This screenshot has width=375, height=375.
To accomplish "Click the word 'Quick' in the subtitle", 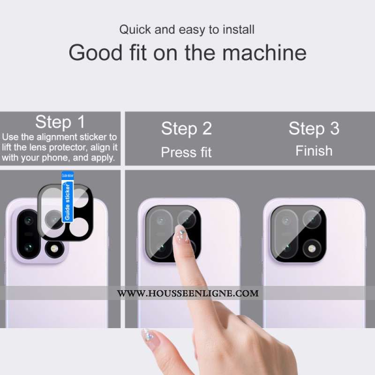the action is coord(135,30).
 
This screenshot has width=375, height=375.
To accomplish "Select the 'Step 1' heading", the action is coord(60,122).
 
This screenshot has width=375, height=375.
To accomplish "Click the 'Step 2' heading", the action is coord(187,128).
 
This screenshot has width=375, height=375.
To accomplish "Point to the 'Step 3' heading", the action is coord(314,128).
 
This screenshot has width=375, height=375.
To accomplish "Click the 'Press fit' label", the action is coord(186,152).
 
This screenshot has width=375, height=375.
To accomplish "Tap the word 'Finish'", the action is coord(314,151).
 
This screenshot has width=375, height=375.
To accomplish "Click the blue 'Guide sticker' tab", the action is coord(67,197).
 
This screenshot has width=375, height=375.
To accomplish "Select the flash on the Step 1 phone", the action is coord(54,249).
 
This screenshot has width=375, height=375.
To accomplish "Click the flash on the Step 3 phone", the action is coord(312,249).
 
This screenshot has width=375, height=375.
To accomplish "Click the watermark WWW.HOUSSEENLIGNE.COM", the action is coord(188,293).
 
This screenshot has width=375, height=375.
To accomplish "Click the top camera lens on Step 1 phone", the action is coord(29,220).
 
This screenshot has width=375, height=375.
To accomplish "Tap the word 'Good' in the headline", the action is coord(96,52).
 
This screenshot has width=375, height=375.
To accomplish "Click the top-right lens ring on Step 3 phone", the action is coord(312,219).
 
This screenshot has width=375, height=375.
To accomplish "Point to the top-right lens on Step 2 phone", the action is coord(187,219).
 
